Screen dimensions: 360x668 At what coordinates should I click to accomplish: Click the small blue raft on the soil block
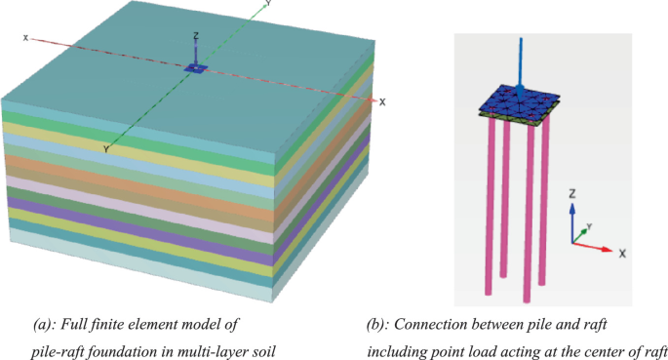tap(196, 68)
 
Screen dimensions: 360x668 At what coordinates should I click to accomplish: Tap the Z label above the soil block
tap(197, 37)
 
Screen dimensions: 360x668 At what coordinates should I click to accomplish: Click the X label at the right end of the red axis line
tap(382, 101)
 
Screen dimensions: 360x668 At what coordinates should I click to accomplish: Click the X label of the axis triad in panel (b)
tap(621, 252)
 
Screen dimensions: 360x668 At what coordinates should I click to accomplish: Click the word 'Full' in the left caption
tap(79, 322)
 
